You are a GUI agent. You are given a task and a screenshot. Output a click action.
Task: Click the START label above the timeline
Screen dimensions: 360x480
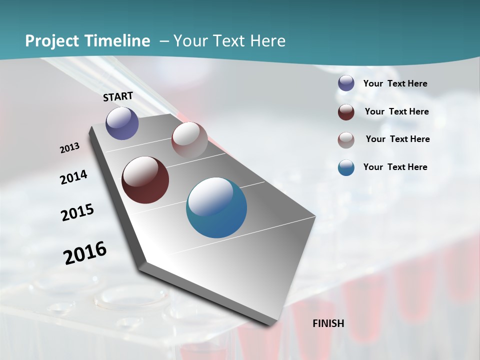[118, 96]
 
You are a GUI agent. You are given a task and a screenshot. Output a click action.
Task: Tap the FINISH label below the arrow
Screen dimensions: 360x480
[328, 323]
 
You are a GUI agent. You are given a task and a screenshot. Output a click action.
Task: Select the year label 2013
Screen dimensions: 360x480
[70, 148]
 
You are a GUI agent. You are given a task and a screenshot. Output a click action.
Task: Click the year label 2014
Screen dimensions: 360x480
[74, 177]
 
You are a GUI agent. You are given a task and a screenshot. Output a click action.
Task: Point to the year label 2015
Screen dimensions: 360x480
[77, 212]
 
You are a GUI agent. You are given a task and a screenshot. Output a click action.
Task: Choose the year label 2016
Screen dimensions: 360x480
[85, 253]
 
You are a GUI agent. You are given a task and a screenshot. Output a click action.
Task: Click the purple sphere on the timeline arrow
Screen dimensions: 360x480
[122, 123]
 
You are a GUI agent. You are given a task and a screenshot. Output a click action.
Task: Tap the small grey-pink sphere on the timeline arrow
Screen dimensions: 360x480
[189, 140]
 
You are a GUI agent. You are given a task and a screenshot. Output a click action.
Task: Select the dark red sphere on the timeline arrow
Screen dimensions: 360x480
[145, 180]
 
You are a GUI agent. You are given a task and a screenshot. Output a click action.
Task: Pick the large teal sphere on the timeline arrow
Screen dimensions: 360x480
[216, 207]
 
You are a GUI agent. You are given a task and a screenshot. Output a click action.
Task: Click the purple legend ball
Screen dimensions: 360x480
[346, 83]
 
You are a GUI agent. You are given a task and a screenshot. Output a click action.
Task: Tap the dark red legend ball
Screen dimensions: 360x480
[346, 112]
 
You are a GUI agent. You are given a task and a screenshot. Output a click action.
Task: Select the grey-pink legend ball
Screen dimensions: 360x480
[346, 139]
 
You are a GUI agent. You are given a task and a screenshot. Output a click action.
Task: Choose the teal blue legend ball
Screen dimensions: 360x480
[346, 167]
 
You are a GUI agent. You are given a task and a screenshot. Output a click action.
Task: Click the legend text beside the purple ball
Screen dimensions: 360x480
[395, 84]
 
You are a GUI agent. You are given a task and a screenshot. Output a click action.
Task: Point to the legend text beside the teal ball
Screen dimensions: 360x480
[395, 167]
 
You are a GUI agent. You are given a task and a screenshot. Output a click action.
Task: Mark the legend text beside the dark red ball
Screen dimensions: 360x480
[397, 111]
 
